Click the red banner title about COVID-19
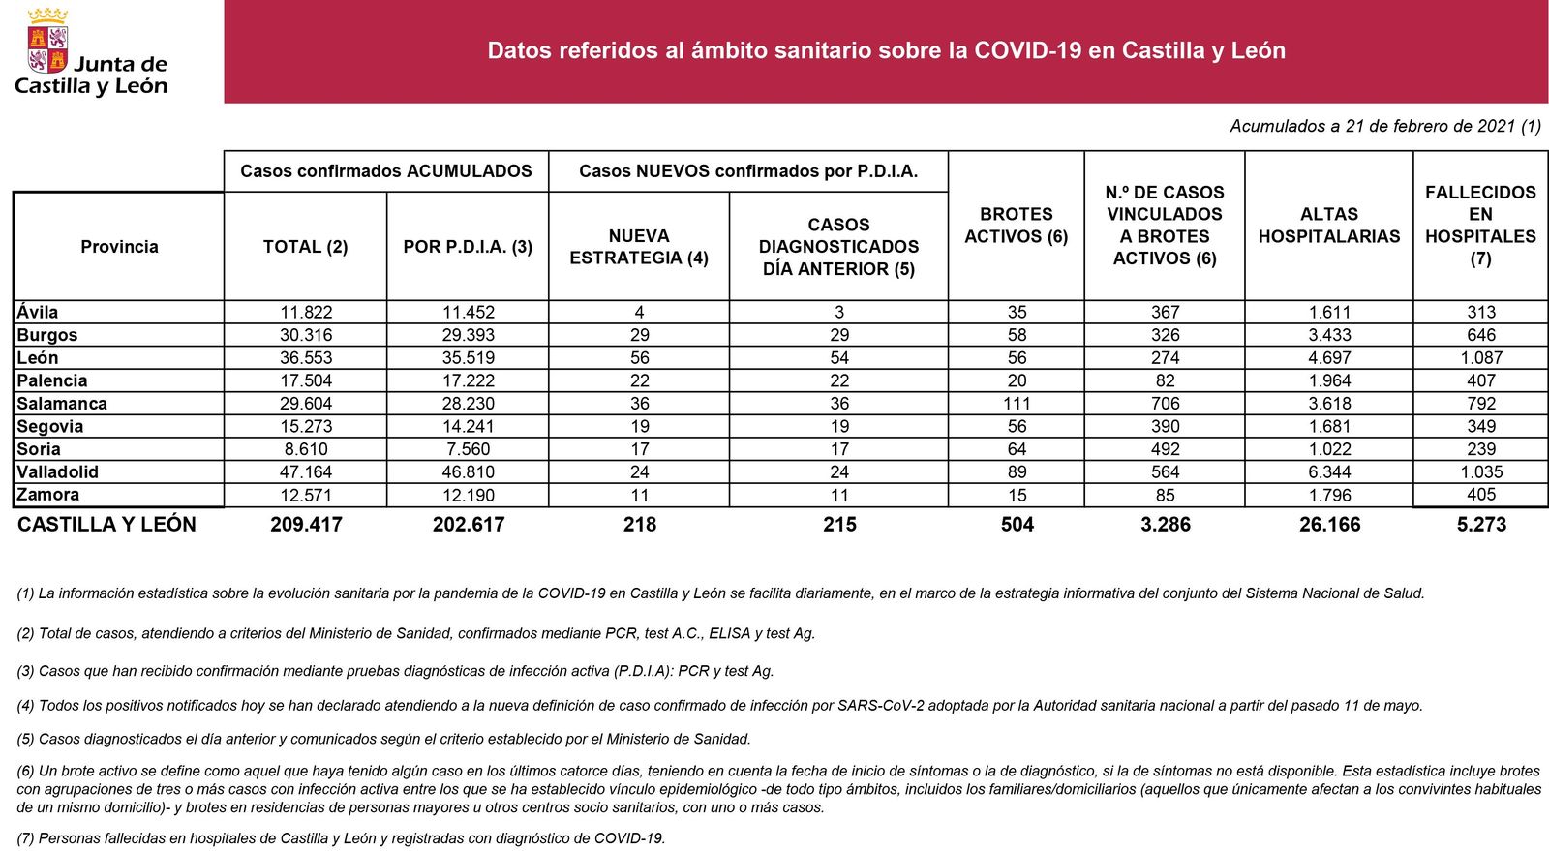(886, 51)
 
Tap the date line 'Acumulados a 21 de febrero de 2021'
(1384, 126)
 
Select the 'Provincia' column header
(119, 247)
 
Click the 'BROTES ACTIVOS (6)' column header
(1016, 226)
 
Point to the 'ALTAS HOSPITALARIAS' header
(1328, 226)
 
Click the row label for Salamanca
(62, 404)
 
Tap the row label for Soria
(39, 449)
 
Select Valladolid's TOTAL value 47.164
(306, 472)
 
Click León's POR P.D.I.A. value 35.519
(469, 358)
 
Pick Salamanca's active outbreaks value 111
(1017, 404)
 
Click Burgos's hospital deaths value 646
(1480, 335)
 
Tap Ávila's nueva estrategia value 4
(639, 313)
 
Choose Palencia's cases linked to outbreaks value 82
(1165, 380)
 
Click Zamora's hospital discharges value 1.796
(1328, 495)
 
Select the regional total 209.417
(306, 525)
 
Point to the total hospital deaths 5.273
(1480, 525)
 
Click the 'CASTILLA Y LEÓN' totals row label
(106, 525)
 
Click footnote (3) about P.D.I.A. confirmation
(395, 671)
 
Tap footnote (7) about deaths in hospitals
(341, 838)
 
